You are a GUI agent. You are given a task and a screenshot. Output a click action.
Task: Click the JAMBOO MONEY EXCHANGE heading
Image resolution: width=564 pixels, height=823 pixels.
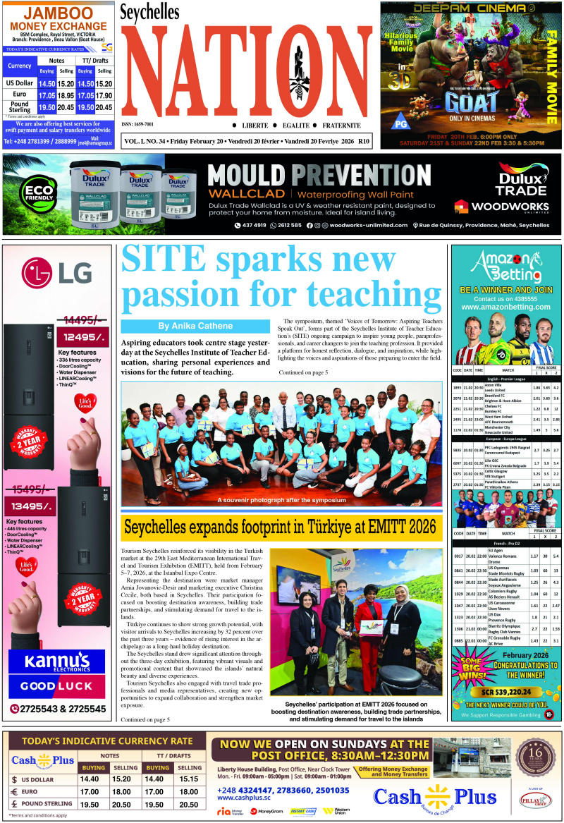(58, 20)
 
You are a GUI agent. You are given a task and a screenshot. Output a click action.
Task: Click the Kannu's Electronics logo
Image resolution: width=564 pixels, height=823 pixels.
(56, 663)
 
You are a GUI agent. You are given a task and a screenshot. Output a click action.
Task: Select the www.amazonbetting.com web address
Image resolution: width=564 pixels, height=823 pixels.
(505, 307)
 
